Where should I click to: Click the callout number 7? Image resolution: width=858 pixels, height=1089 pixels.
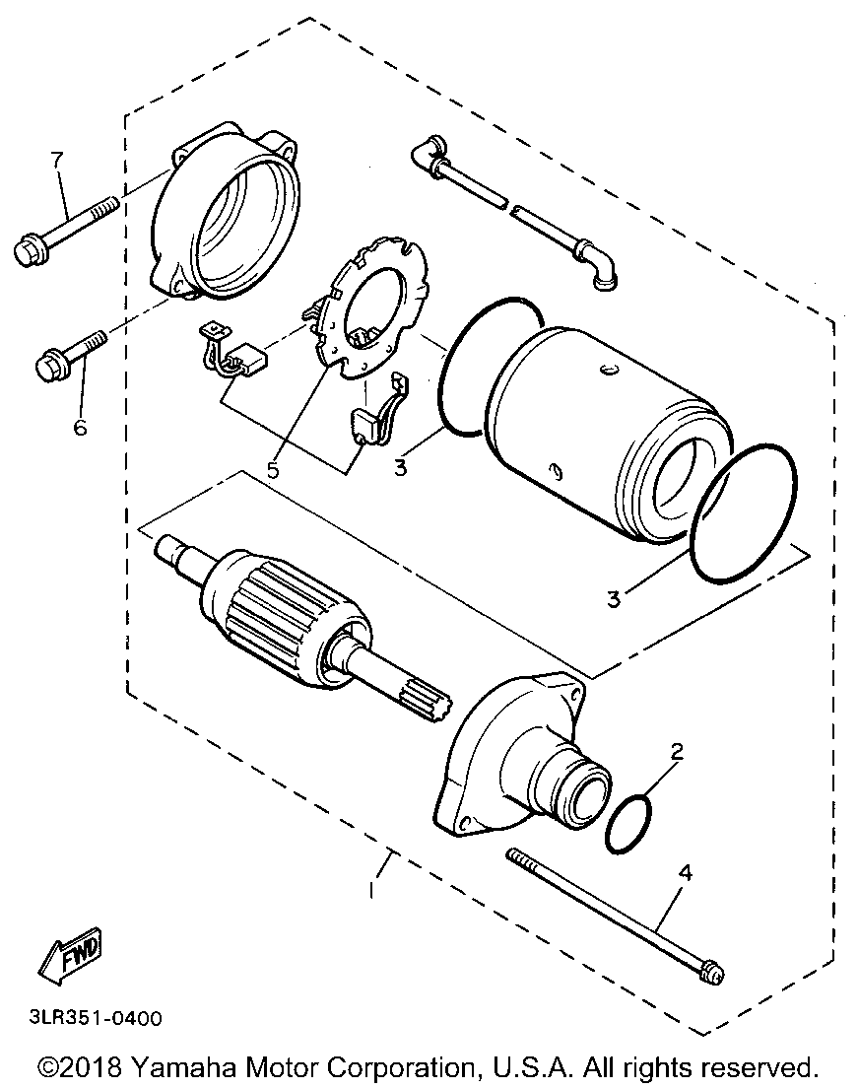click(x=56, y=161)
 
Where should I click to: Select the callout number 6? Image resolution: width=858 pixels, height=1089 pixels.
click(x=80, y=427)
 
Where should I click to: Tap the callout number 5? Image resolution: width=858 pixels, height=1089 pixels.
click(x=273, y=469)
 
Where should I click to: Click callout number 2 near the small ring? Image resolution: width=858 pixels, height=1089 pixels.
click(x=677, y=752)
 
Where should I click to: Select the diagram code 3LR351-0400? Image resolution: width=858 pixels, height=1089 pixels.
click(x=90, y=1017)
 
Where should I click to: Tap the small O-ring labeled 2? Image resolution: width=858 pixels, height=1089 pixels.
click(x=628, y=823)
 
